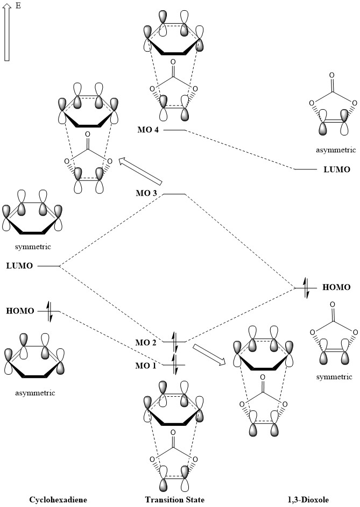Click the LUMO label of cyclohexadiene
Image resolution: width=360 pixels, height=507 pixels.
(x=20, y=266)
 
